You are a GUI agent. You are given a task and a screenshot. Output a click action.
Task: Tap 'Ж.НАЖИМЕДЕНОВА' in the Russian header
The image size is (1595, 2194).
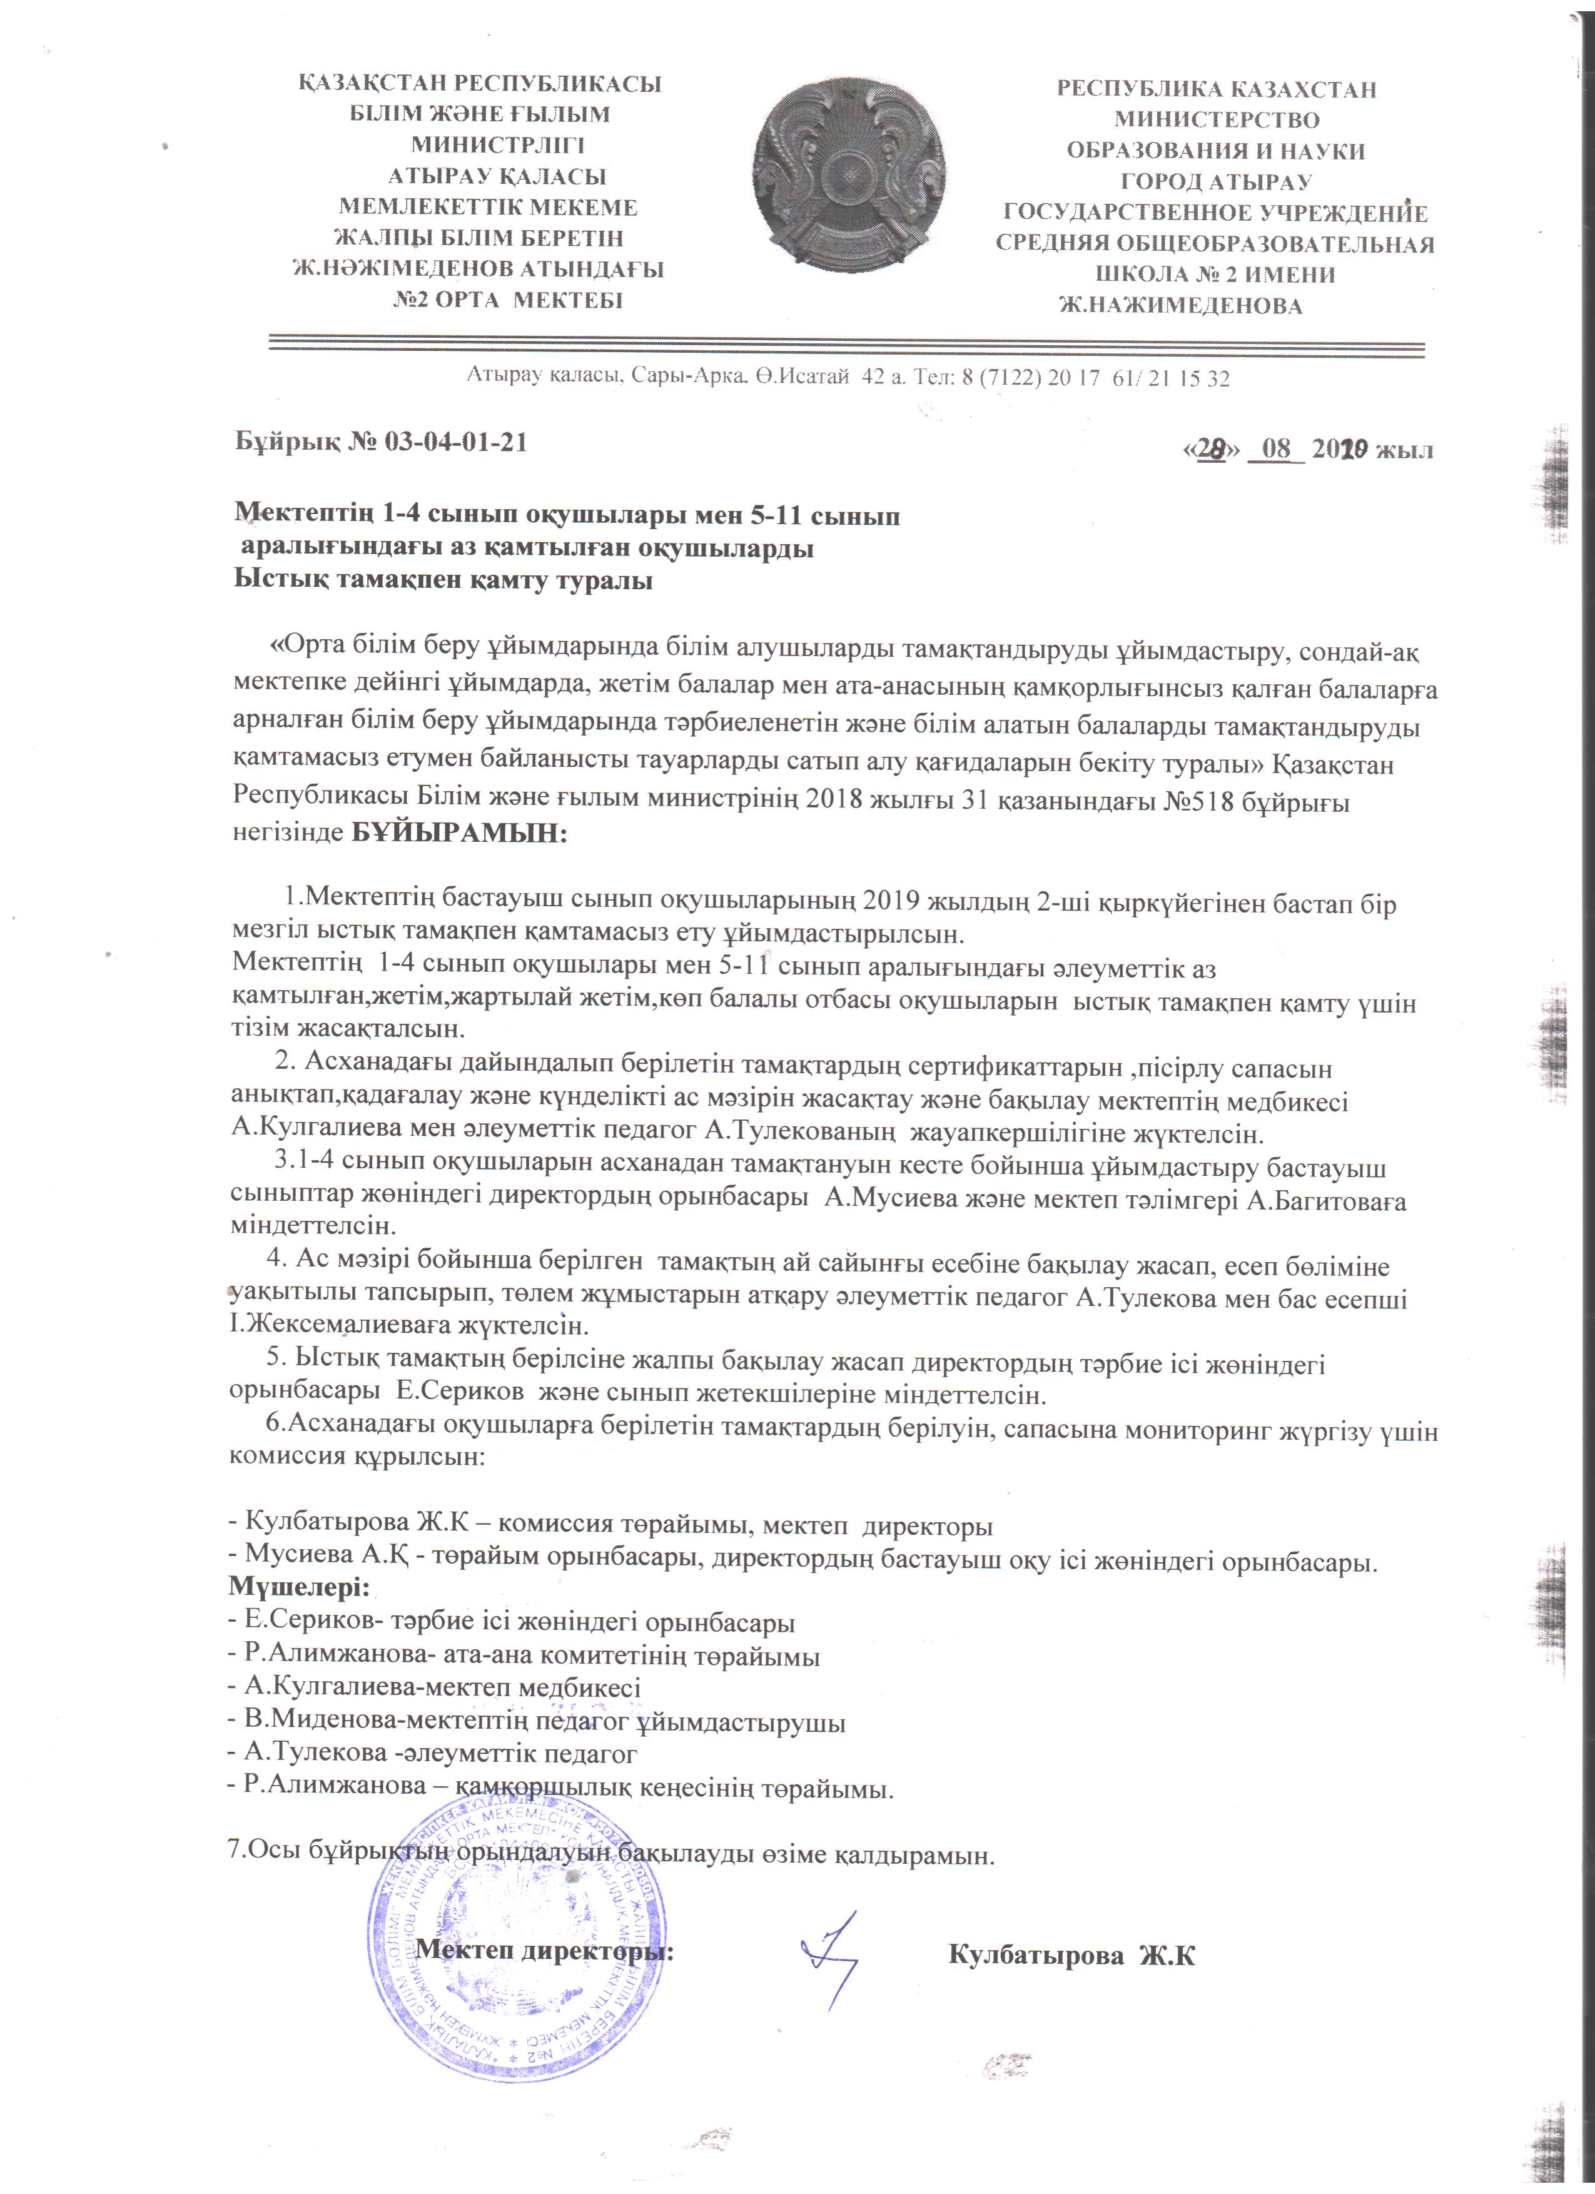point(1181,306)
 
